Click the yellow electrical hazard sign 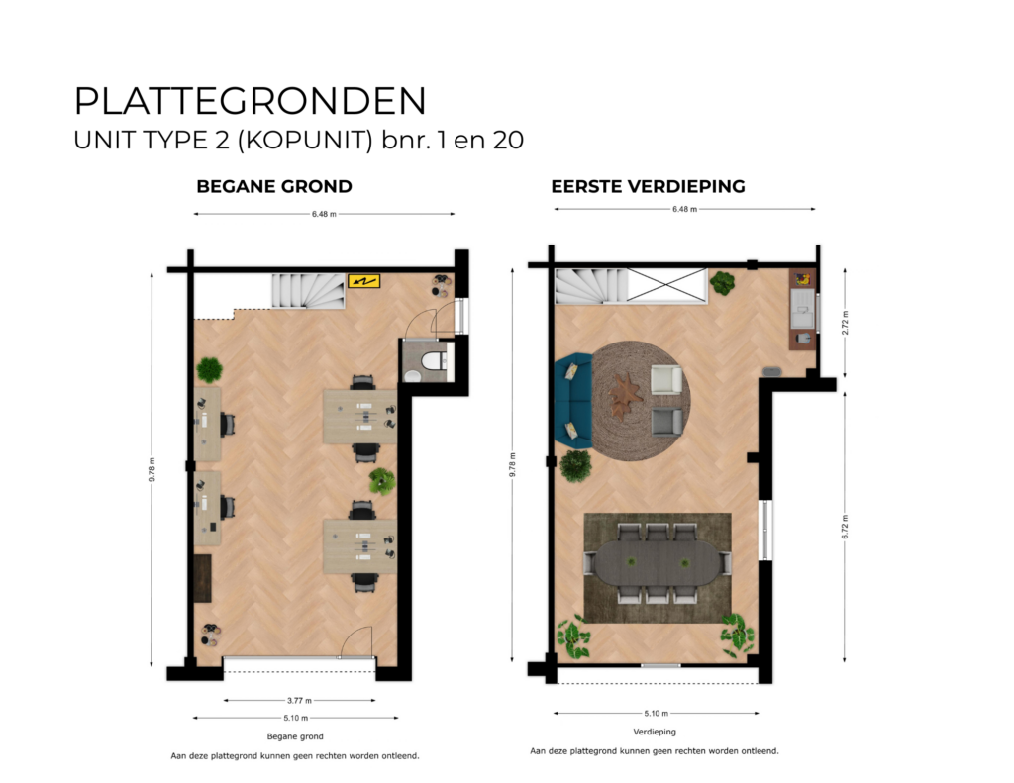363,282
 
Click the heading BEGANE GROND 274,186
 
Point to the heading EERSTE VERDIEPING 648,186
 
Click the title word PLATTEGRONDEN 251,102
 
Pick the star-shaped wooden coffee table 625,396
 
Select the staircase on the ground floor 305,290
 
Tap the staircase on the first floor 591,286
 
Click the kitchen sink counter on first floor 803,308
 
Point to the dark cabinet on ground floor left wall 203,579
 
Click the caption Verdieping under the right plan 655,732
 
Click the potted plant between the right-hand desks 381,482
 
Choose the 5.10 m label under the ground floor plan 295,718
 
